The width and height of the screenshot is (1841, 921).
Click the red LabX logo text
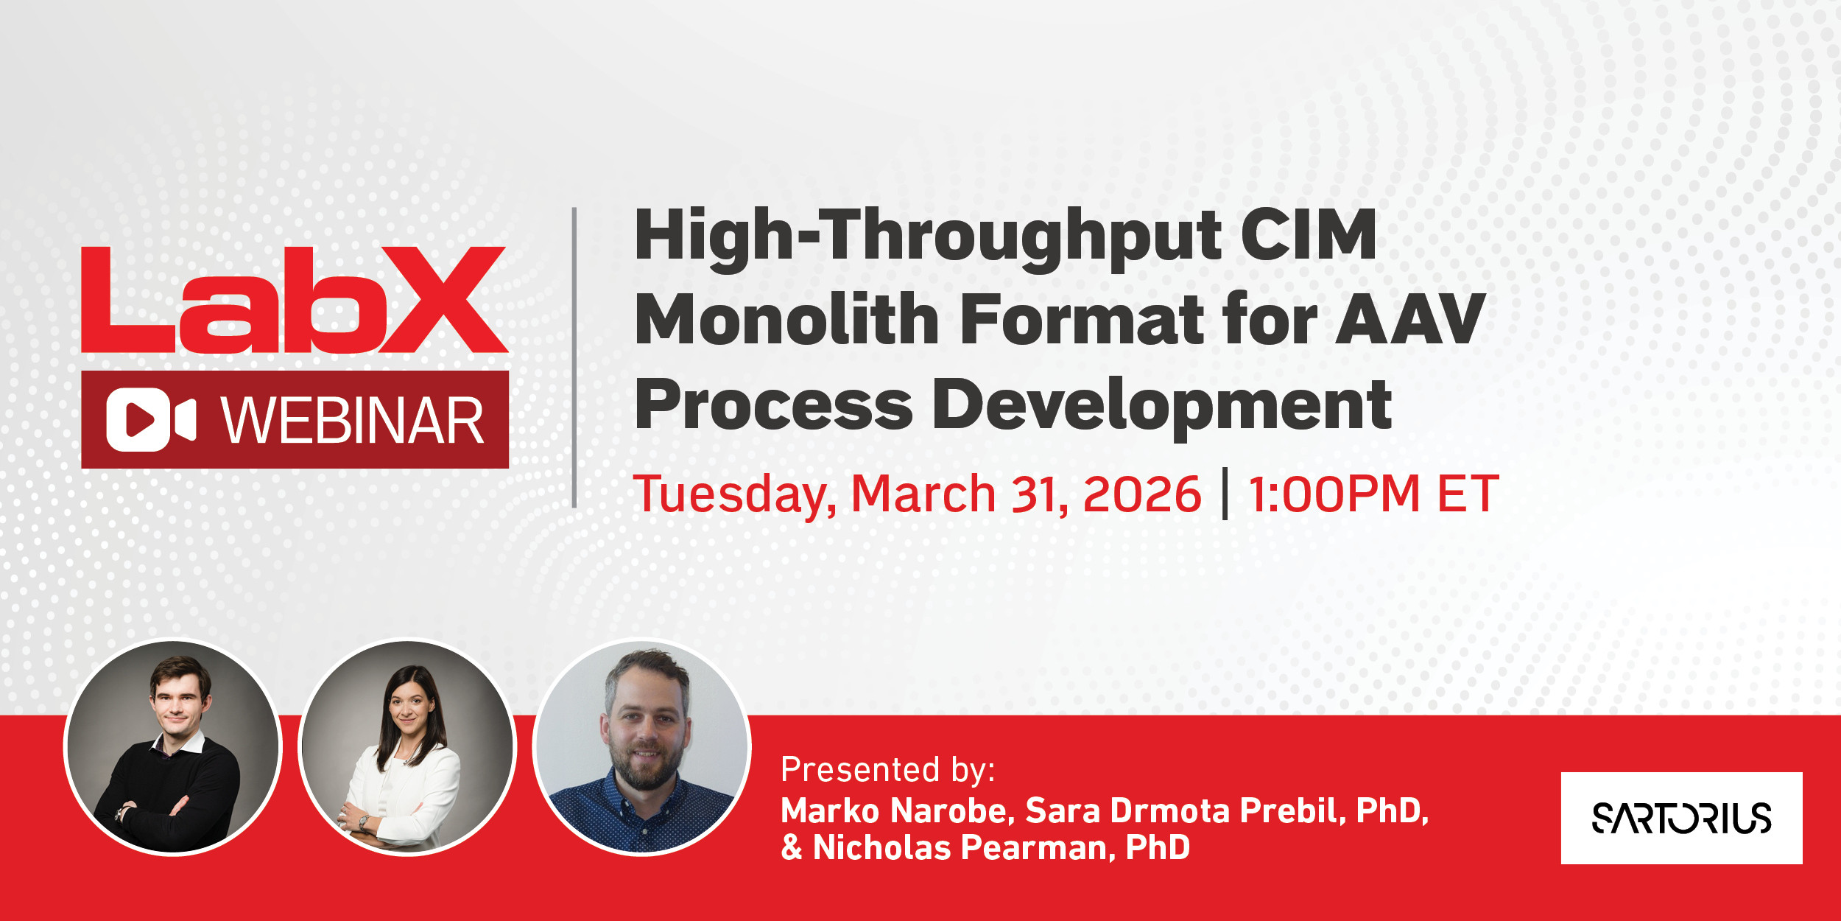(x=295, y=300)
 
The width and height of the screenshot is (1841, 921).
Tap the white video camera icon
(x=151, y=419)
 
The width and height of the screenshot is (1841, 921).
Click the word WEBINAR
(x=353, y=421)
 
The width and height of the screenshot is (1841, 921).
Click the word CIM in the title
(x=1309, y=235)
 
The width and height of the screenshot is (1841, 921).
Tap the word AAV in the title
(x=1410, y=319)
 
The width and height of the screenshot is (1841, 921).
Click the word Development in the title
(x=1162, y=407)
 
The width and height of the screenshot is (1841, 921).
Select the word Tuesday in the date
(x=734, y=494)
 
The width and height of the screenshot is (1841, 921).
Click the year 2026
(x=1142, y=494)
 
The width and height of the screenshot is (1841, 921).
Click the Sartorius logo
(x=1681, y=818)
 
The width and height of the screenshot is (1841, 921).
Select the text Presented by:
(x=888, y=769)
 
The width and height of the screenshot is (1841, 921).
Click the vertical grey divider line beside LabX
(x=574, y=357)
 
